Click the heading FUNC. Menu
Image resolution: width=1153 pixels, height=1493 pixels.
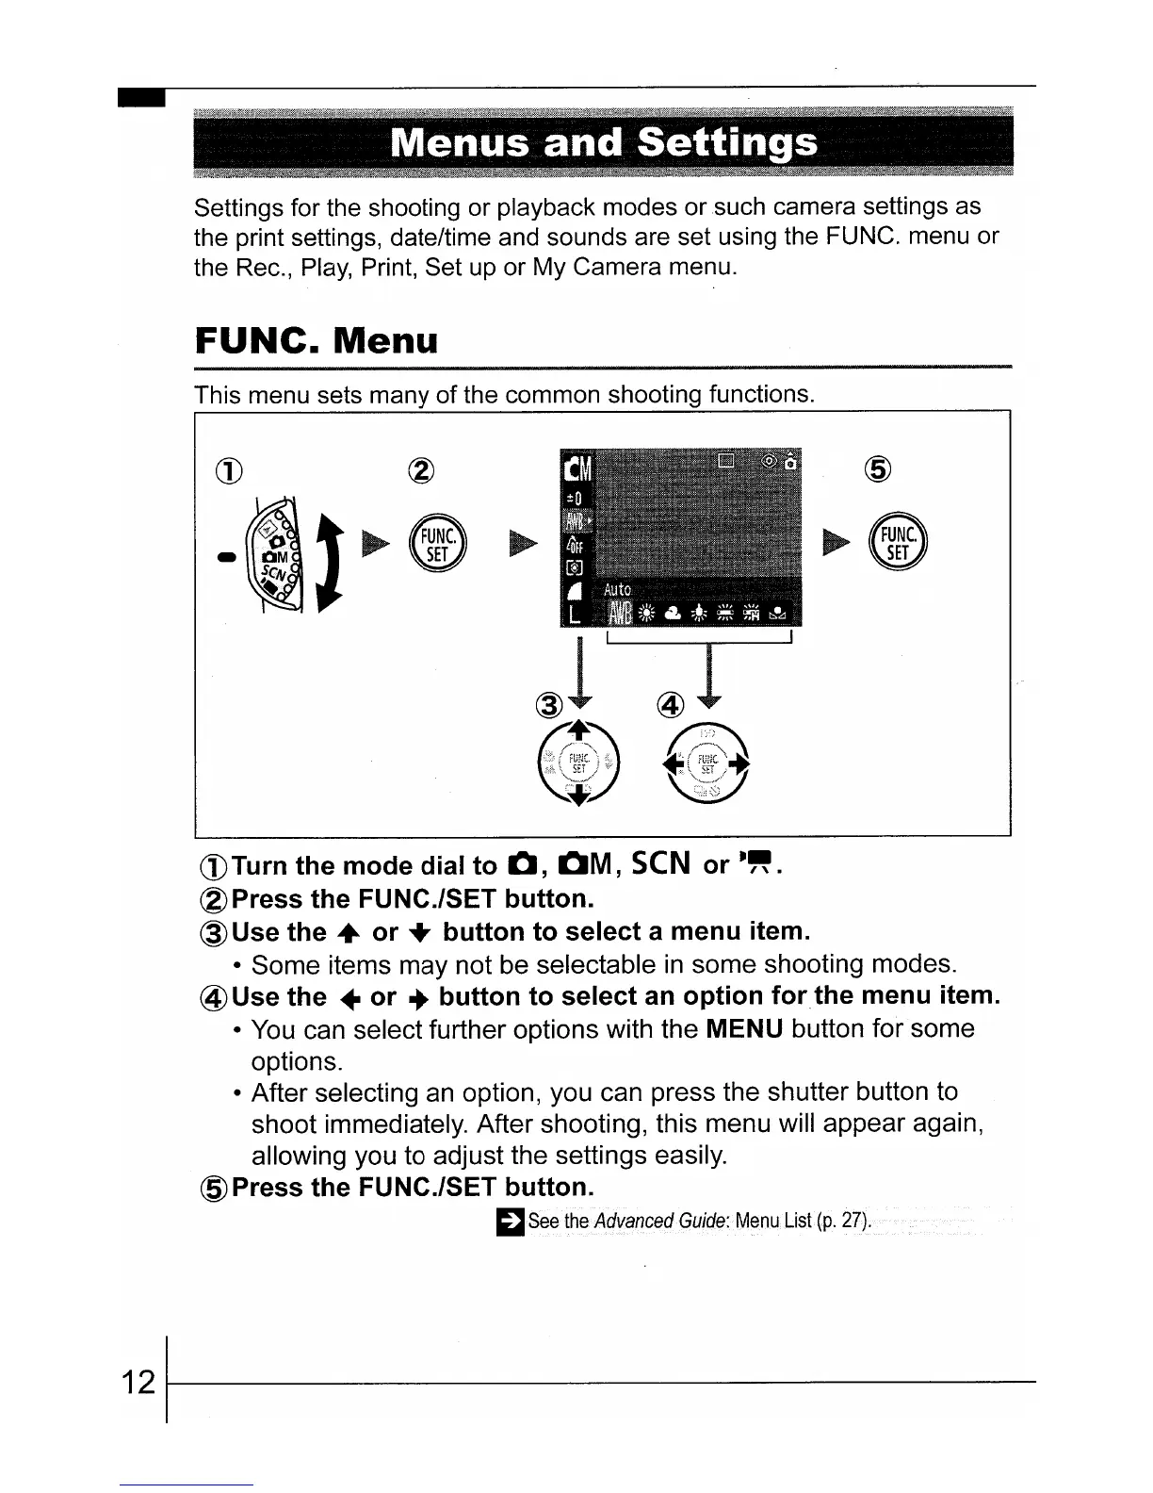pos(317,340)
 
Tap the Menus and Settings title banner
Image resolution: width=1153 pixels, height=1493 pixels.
pos(603,143)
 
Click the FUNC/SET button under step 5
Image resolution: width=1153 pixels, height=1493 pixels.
pos(899,544)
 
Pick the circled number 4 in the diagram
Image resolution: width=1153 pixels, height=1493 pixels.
pos(670,703)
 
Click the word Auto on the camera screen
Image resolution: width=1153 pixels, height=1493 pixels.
pos(617,590)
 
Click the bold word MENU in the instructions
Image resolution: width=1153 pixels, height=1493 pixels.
pos(744,1028)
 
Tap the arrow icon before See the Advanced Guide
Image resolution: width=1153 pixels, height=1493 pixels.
pos(511,1221)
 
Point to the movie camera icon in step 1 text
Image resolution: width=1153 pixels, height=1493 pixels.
pos(758,864)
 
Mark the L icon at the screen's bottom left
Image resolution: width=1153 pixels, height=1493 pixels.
pos(572,615)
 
